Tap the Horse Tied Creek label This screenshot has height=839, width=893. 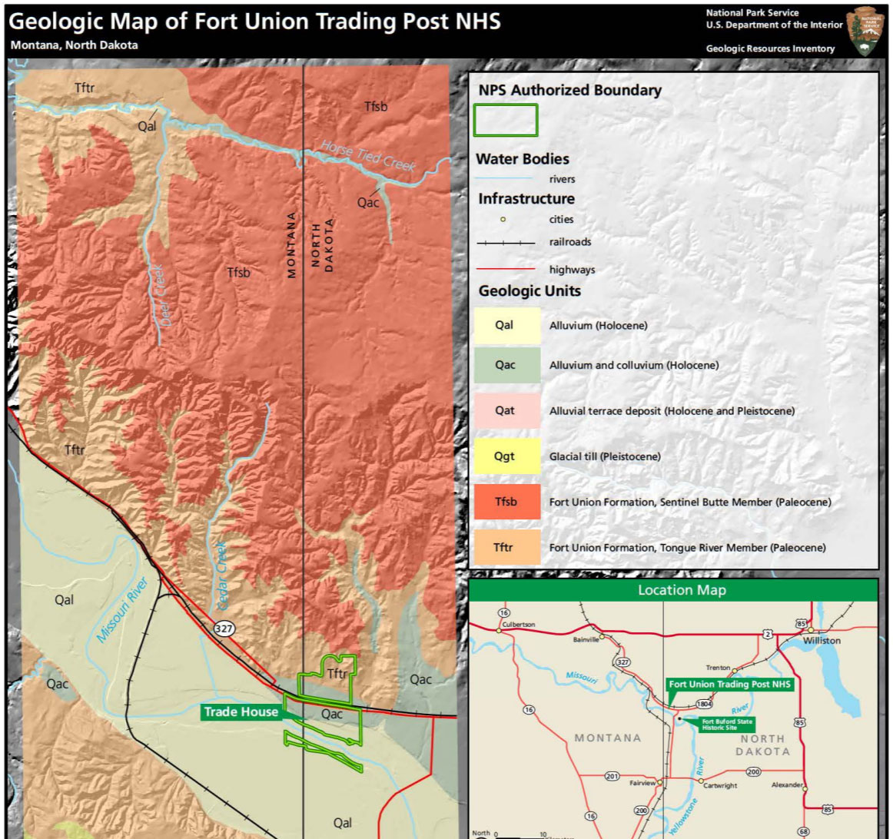click(368, 156)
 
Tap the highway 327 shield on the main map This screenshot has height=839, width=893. click(224, 628)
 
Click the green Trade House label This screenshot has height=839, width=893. click(241, 712)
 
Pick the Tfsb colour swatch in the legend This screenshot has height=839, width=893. click(506, 502)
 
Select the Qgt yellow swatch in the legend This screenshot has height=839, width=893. click(505, 456)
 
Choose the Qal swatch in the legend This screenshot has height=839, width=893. click(505, 325)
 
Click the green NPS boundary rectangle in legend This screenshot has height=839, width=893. click(506, 121)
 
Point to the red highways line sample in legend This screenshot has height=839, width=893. click(505, 270)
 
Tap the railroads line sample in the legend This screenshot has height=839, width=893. click(505, 242)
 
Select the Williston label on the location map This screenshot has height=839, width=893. click(822, 640)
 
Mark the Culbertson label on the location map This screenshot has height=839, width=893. click(518, 625)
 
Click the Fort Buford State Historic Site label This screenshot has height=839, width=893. click(726, 725)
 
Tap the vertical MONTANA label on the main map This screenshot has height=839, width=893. click(292, 244)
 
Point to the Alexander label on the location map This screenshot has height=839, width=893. click(786, 785)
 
